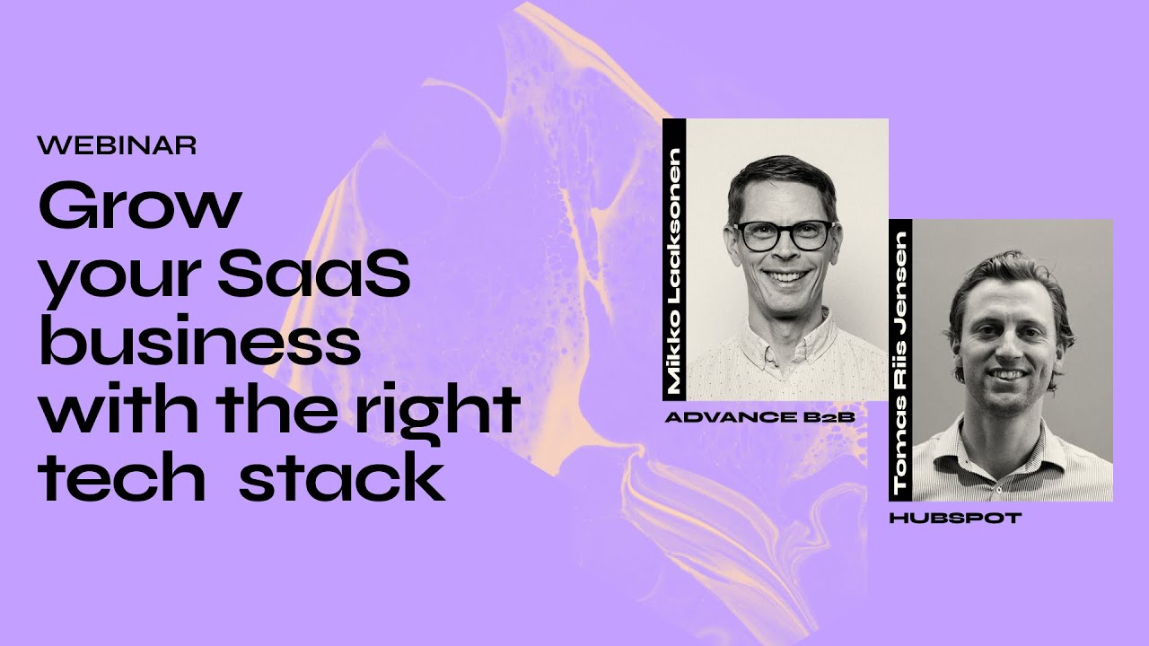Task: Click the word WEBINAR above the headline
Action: click(118, 145)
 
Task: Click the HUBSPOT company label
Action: click(955, 518)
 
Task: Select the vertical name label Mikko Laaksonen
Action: click(674, 260)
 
